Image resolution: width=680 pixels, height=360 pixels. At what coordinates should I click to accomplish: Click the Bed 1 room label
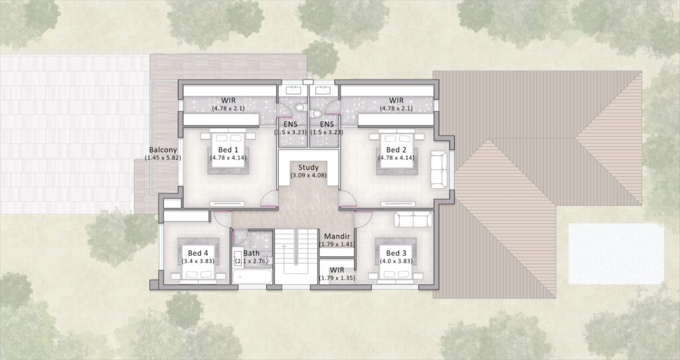(228, 149)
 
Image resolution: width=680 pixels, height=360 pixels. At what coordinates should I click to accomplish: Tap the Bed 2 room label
(396, 149)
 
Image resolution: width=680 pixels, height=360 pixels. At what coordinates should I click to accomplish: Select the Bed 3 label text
(396, 253)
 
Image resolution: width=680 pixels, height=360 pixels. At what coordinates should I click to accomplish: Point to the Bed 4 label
(198, 253)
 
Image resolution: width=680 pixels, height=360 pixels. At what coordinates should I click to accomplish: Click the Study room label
(308, 167)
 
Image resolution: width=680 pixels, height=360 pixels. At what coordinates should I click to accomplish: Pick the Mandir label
(337, 236)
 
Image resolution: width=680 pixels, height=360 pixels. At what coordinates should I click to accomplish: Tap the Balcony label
(163, 150)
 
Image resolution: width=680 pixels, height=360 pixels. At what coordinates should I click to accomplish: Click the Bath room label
(252, 253)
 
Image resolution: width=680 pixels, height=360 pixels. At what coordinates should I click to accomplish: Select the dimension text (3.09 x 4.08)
(308, 175)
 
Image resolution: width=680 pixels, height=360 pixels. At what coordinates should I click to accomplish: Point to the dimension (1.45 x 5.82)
(163, 158)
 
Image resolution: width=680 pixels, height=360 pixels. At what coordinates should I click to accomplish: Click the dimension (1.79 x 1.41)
(337, 244)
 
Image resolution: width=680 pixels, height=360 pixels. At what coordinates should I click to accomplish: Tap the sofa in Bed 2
(438, 169)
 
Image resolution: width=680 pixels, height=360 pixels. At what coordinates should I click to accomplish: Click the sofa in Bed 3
(413, 219)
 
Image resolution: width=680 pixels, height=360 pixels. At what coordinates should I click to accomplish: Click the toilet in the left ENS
(300, 107)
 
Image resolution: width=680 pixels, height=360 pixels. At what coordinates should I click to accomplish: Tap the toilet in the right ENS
(317, 114)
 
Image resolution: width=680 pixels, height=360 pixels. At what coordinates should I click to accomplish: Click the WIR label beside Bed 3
(337, 270)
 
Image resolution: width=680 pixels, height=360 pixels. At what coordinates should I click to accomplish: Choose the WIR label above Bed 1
(228, 100)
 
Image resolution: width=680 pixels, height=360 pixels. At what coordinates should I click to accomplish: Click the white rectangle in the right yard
(616, 254)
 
